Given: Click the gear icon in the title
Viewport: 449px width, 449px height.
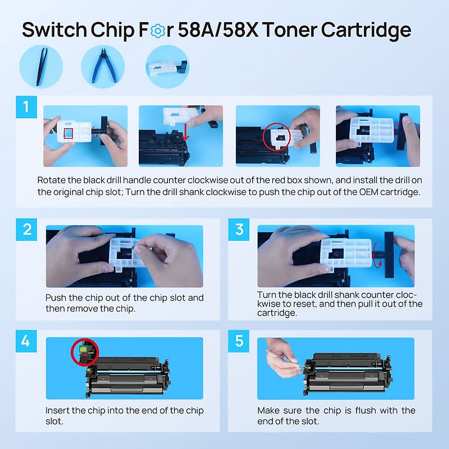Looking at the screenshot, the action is click(x=158, y=31).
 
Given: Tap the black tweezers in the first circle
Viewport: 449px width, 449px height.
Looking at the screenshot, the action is click(x=42, y=67).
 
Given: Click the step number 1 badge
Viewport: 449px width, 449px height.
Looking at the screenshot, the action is click(x=26, y=107).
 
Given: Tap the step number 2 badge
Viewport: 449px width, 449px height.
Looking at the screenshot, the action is click(x=26, y=229).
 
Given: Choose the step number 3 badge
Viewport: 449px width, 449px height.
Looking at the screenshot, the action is click(x=239, y=229).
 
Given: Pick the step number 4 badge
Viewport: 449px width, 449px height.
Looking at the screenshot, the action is click(x=26, y=341).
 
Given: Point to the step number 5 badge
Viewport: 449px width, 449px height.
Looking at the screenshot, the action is click(x=239, y=341).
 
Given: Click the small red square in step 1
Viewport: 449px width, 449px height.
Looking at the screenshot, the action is click(x=68, y=133).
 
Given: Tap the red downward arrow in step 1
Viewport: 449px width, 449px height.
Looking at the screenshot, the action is click(x=185, y=132).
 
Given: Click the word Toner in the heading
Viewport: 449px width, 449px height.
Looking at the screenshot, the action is click(x=290, y=30).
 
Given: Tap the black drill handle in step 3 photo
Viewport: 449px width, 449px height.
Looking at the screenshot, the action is click(x=389, y=255).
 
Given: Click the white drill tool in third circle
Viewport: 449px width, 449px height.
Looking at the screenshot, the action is click(x=168, y=68).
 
